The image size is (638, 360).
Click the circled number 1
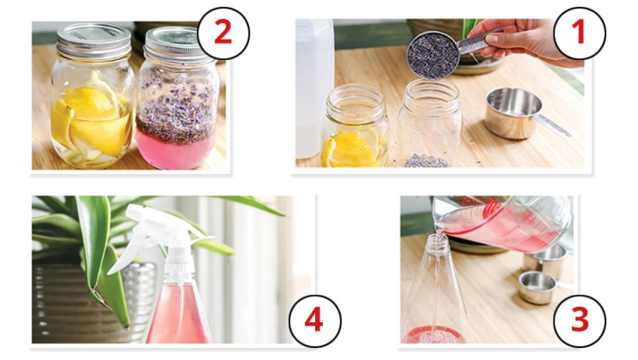tap(580, 33)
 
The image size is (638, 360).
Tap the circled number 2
tap(224, 33)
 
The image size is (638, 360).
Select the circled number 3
tap(580, 321)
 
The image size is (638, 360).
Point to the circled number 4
tap(315, 321)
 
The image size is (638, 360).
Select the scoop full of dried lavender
tap(434, 55)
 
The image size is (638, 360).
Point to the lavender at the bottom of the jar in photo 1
tap(426, 161)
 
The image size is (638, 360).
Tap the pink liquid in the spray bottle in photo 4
tap(178, 313)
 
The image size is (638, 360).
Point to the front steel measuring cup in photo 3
tap(537, 287)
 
